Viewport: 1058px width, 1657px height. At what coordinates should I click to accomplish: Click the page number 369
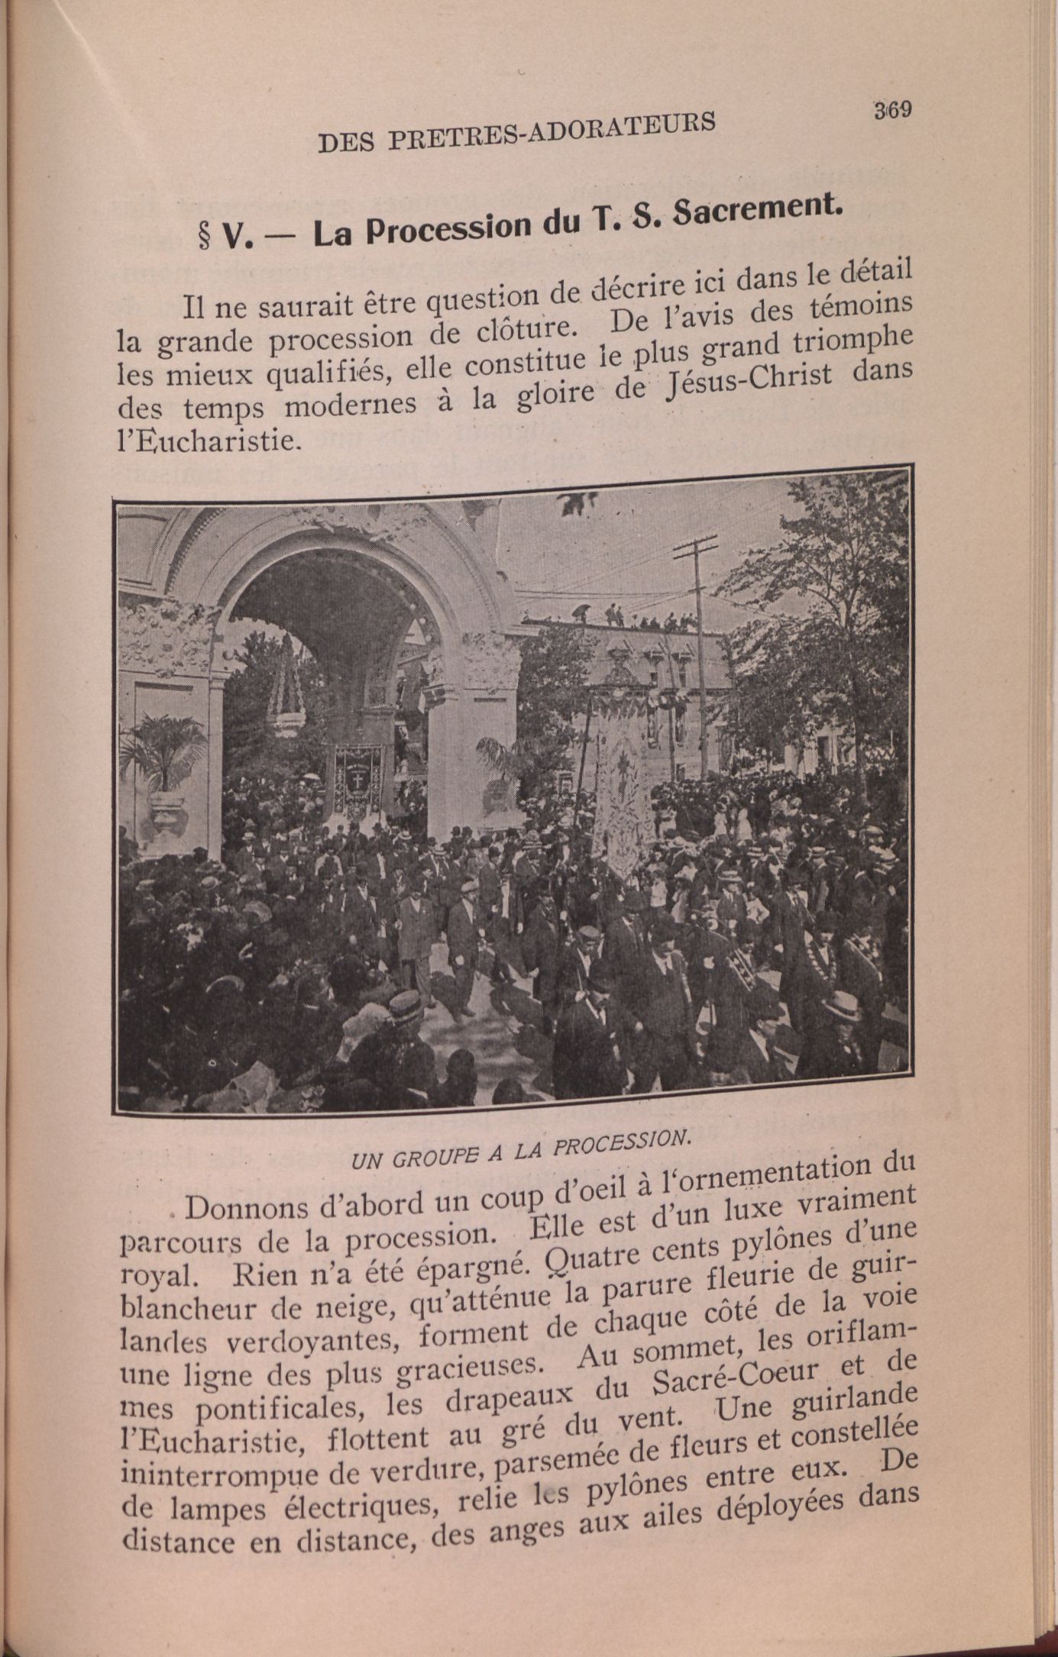892,110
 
